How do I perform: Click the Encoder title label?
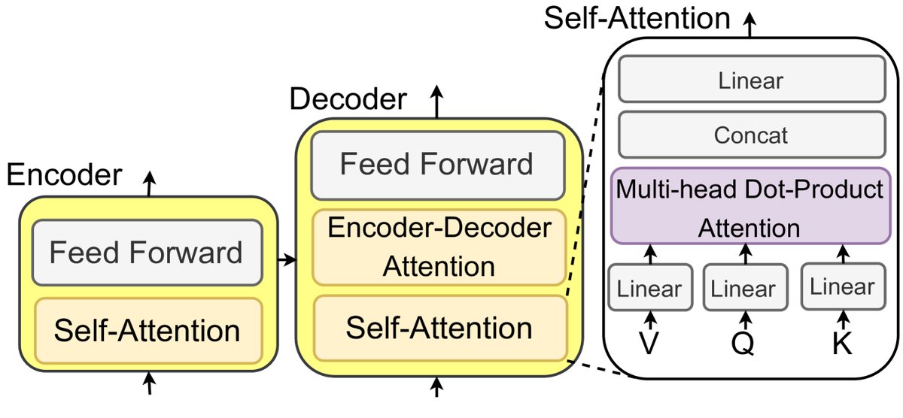[63, 176]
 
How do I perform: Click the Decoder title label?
[348, 98]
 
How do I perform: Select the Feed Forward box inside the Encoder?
[147, 253]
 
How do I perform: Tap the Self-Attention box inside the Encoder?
[147, 330]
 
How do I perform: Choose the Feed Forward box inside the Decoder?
[437, 164]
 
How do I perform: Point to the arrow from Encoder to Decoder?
[287, 260]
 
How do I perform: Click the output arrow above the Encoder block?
[150, 183]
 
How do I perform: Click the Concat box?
[751, 135]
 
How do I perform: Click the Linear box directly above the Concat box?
[751, 80]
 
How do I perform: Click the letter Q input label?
[743, 344]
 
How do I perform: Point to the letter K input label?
[841, 344]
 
